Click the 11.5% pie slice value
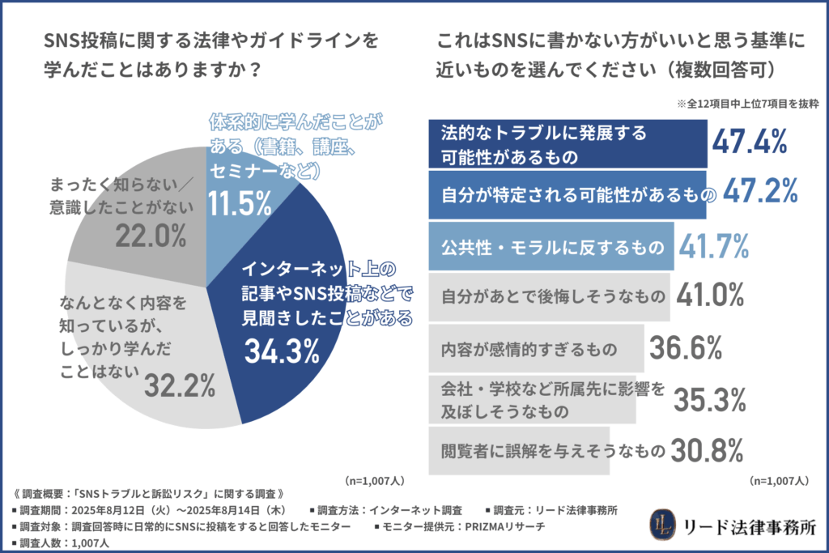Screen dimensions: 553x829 pos(239,202)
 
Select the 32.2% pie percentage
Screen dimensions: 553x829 pos(179,386)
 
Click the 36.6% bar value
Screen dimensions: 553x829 pos(685,349)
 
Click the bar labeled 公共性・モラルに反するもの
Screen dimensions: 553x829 pos(550,245)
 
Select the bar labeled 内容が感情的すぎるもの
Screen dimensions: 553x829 pos(534,350)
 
